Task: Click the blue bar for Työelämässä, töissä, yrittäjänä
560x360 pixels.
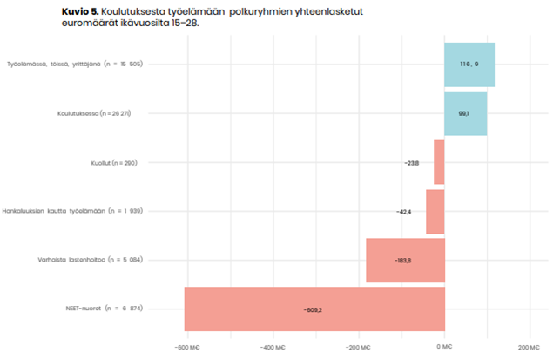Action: click(x=469, y=65)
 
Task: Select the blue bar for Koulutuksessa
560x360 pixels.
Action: click(x=466, y=113)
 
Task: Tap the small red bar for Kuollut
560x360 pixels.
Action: click(x=439, y=162)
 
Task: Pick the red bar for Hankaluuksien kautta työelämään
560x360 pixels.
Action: click(x=435, y=211)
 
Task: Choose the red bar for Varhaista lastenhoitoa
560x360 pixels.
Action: click(x=405, y=260)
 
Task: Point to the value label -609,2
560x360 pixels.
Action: click(x=313, y=309)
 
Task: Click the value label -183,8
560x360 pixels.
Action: click(x=402, y=261)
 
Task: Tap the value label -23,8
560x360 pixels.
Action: click(x=412, y=163)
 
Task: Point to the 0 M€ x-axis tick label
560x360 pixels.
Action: click(x=445, y=346)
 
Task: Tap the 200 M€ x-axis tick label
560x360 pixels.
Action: click(x=530, y=346)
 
